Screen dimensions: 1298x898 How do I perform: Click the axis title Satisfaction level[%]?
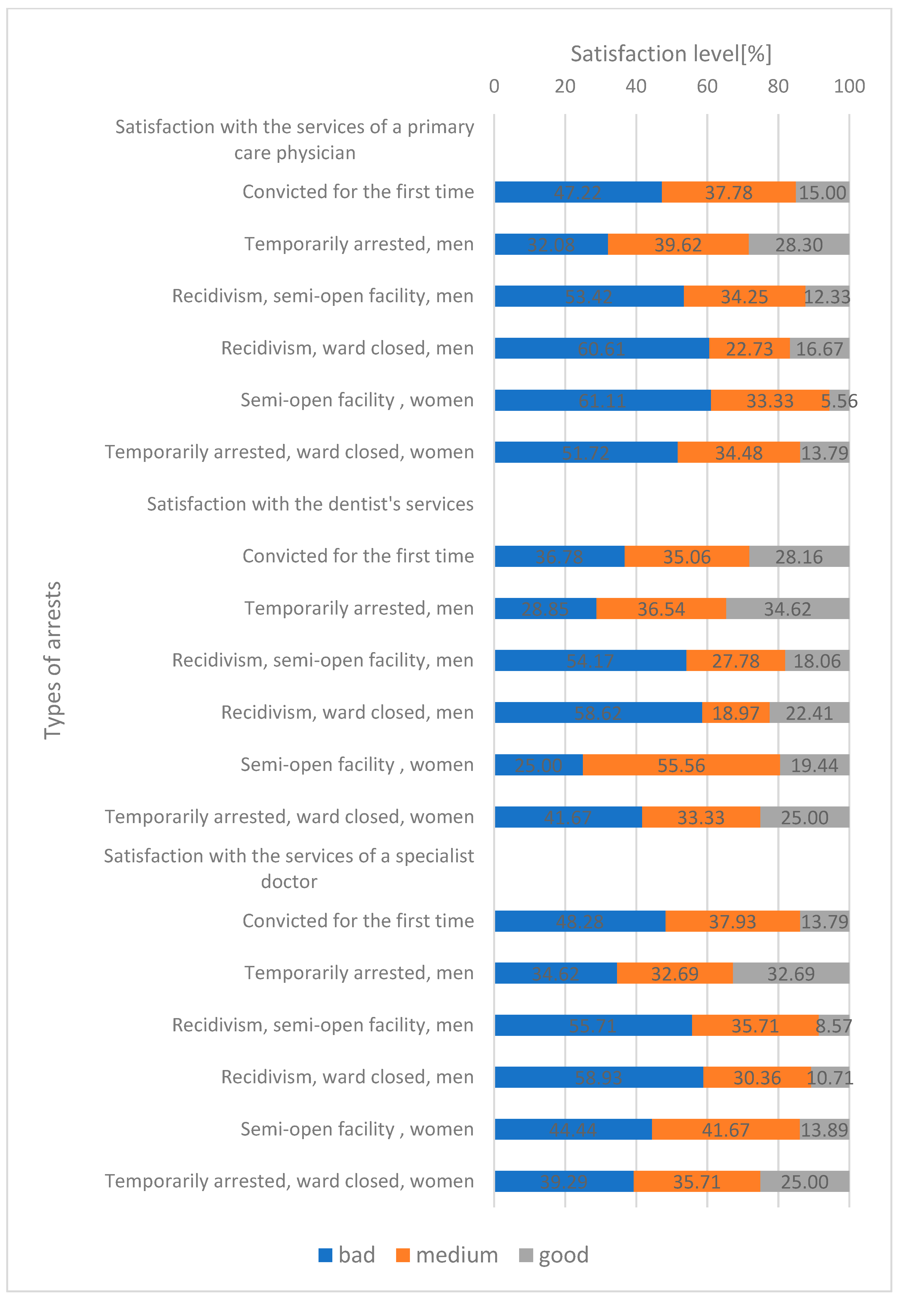(671, 54)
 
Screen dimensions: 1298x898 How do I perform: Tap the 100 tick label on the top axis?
(848, 86)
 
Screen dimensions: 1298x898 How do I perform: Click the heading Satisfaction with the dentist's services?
(310, 504)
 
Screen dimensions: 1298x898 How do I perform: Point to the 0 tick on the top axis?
(494, 86)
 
